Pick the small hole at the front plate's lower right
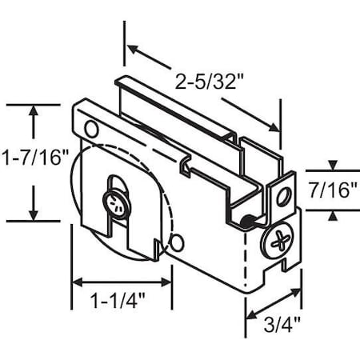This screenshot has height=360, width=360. coord(177,240)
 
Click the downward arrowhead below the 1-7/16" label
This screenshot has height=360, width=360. coord(33,214)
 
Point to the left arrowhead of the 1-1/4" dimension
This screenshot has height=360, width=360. coord(78,282)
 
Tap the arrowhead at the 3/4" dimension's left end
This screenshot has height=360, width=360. coord(249,313)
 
